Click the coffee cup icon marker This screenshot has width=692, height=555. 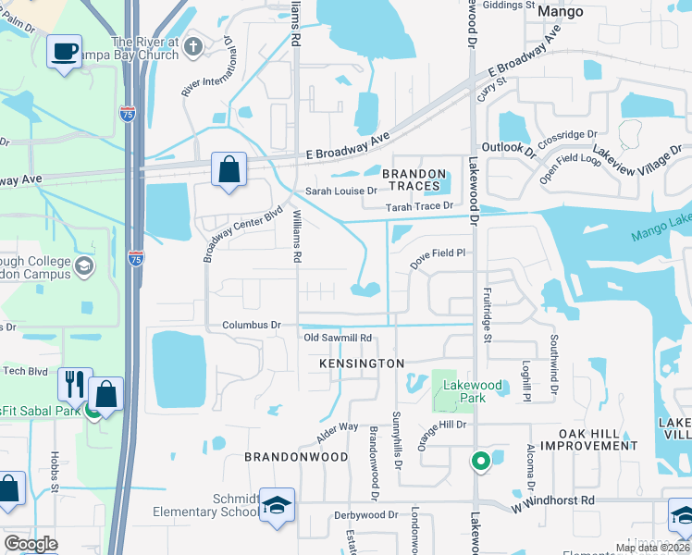[64, 52]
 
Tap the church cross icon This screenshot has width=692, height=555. [193, 46]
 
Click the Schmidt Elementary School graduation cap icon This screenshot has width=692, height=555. [277, 505]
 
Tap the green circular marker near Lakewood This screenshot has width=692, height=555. [479, 460]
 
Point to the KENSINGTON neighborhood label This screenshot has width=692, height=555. [362, 364]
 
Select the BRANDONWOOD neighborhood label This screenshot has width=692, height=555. [296, 457]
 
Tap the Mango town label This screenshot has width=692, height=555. [561, 11]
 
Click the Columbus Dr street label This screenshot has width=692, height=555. [251, 326]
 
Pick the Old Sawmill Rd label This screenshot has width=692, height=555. [338, 338]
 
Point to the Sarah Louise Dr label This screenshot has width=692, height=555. [341, 191]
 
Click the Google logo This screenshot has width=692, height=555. [31, 544]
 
